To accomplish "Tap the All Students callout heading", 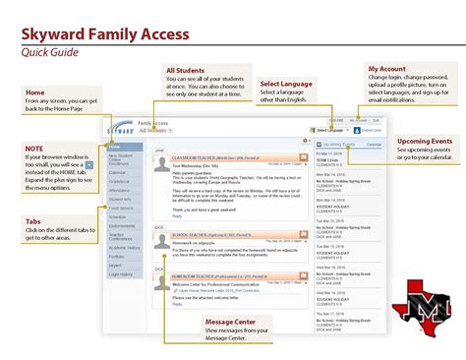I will [x=186, y=71].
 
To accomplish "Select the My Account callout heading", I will [x=386, y=70].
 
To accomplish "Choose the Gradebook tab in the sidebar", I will [x=120, y=182].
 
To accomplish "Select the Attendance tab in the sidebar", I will [x=121, y=191].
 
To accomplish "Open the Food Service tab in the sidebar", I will [x=122, y=208].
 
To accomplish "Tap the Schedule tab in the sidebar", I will [x=119, y=215].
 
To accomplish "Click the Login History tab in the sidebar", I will [x=121, y=274].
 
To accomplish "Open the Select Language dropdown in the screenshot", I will [x=329, y=130].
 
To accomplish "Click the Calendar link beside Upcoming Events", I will [x=374, y=144].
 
